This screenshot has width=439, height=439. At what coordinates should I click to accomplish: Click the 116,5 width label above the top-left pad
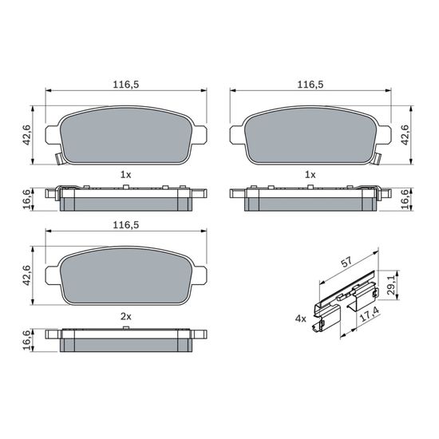coord(125,85)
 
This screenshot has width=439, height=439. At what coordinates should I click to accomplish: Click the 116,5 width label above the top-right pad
coord(310,85)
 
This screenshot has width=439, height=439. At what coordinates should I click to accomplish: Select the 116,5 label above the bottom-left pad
coord(125,225)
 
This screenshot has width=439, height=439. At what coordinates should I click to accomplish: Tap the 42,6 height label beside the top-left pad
coord(26,135)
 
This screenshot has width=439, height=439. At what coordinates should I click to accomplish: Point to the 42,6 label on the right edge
coord(405,135)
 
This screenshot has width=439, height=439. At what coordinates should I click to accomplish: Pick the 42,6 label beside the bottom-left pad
coord(26,275)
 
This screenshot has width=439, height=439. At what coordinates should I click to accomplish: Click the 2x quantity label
coord(125,317)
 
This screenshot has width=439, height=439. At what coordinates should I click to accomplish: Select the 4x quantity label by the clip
coord(301,318)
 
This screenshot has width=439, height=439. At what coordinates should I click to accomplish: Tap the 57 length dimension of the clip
coord(346,262)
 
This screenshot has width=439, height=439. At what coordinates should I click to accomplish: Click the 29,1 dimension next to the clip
coord(390,284)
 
